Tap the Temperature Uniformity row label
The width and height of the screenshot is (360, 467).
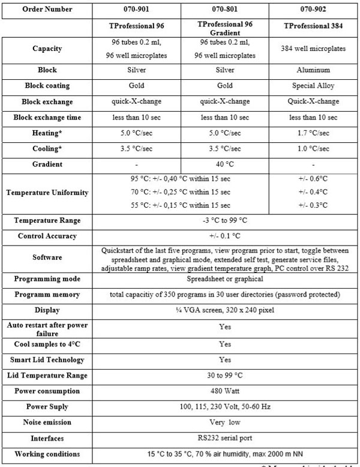(47, 193)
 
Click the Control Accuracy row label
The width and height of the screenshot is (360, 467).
(47, 236)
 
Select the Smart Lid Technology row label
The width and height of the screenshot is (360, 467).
(47, 360)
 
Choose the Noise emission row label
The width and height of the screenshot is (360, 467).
(47, 423)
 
